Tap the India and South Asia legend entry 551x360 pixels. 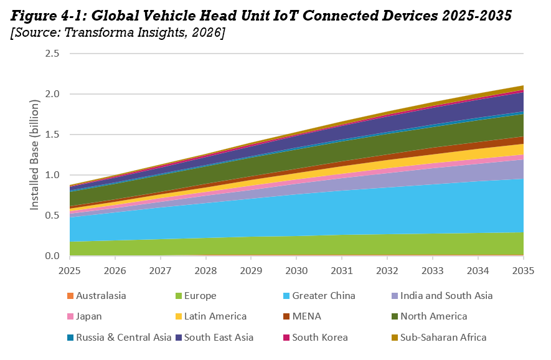point(446,296)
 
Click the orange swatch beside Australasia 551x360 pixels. point(70,296)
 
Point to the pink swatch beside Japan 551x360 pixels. point(70,316)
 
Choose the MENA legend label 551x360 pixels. point(306,316)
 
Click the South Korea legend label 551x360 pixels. point(319,337)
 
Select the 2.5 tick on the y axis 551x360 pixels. point(52,54)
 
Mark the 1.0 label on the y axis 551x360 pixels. point(52,175)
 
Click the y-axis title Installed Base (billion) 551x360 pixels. point(35,154)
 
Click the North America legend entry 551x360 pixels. point(433,316)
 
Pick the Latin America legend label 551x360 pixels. point(215,316)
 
